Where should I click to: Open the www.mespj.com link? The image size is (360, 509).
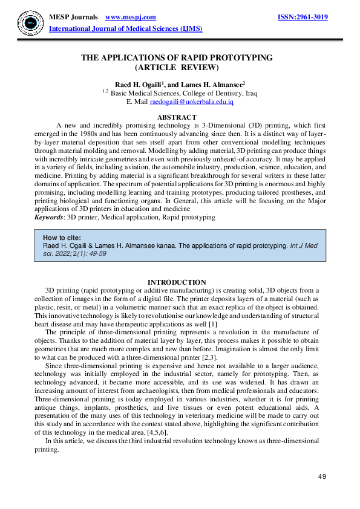click(x=131, y=18)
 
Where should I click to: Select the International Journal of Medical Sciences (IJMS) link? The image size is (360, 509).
click(x=125, y=29)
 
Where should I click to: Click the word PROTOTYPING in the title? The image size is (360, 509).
click(x=240, y=58)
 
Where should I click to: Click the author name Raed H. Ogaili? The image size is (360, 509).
click(x=139, y=85)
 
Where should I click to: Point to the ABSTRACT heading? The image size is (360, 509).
click(x=176, y=117)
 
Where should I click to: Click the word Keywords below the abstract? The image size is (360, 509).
click(x=49, y=216)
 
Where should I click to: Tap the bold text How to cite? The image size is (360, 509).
click(x=62, y=238)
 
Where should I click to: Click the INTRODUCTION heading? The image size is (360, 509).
click(x=177, y=282)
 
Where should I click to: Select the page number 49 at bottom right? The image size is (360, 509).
click(x=322, y=477)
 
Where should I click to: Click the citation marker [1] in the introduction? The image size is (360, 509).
click(x=212, y=325)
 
